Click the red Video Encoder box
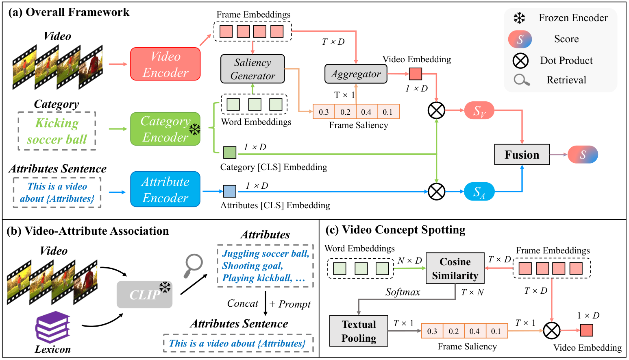[165, 64]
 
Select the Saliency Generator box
[253, 69]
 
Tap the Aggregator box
[356, 74]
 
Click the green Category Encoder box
[165, 129]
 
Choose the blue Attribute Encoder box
[165, 189]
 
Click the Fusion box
[522, 155]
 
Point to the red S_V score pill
[479, 111]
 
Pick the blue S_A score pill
[479, 192]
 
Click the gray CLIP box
[145, 295]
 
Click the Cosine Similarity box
[455, 268]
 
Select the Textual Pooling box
[359, 331]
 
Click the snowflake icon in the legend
[520, 18]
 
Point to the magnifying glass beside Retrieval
[522, 80]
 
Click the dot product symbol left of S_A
[436, 192]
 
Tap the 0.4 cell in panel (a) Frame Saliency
[367, 112]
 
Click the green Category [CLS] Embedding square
[230, 153]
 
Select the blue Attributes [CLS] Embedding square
[230, 191]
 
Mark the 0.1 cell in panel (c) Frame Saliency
[496, 331]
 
